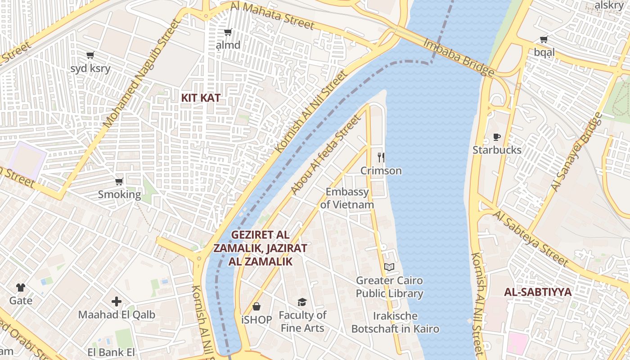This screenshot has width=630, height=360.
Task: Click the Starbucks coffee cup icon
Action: pos(497,137)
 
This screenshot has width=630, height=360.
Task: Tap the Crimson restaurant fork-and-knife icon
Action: pos(381,157)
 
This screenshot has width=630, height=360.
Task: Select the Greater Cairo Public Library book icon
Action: pos(389,267)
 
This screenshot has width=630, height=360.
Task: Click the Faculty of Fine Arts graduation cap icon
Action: pos(302,302)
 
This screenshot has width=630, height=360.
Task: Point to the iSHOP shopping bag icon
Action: pos(256,306)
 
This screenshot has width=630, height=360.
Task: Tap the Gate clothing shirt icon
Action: pos(21,287)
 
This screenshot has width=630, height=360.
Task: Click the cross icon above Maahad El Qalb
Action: pos(117,301)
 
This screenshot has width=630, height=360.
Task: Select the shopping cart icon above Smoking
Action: pos(119,181)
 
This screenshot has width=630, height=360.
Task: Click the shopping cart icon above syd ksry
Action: pos(90,55)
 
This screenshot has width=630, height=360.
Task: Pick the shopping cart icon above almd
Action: pos(228,32)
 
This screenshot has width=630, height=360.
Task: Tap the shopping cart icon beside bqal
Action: pos(544,39)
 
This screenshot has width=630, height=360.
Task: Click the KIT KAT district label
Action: pos(201,97)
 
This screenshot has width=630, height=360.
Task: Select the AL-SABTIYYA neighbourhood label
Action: pos(538,292)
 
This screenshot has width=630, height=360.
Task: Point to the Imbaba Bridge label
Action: pos(459,57)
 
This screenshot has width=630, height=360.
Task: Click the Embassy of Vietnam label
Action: pos(347,198)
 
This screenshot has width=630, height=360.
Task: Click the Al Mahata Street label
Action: pos(272,15)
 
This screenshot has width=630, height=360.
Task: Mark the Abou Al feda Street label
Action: pos(326,155)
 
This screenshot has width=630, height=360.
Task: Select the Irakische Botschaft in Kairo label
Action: pos(395,322)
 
